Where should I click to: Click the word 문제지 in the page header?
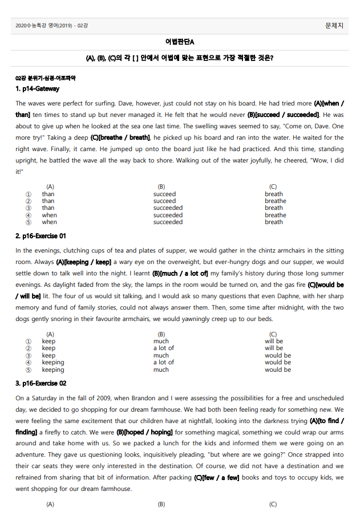[x=334, y=26]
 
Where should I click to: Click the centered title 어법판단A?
[x=180, y=42]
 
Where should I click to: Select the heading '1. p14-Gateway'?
[x=37, y=89]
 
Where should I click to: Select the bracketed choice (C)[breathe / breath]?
[x=120, y=137]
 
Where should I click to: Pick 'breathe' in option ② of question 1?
[x=275, y=201]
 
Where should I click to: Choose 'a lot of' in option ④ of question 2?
[x=164, y=362]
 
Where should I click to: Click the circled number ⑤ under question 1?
[x=29, y=222]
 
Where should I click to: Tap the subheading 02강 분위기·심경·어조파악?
[x=46, y=78]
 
